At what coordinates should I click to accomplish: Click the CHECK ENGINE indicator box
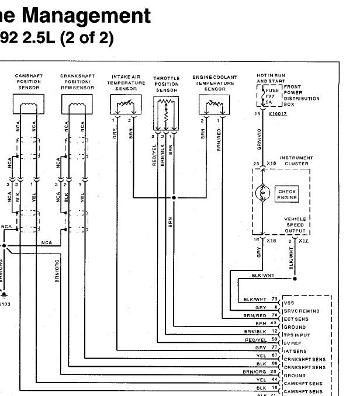pyautogui.click(x=287, y=194)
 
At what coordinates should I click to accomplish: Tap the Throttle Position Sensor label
pyautogui.click(x=166, y=84)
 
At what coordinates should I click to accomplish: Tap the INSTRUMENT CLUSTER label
pyautogui.click(x=296, y=161)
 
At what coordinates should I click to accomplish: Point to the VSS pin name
pyautogui.click(x=288, y=303)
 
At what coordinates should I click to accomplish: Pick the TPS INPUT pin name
pyautogui.click(x=298, y=335)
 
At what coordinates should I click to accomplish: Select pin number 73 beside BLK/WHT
pyautogui.click(x=274, y=299)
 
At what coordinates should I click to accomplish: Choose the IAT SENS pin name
pyautogui.click(x=295, y=352)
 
